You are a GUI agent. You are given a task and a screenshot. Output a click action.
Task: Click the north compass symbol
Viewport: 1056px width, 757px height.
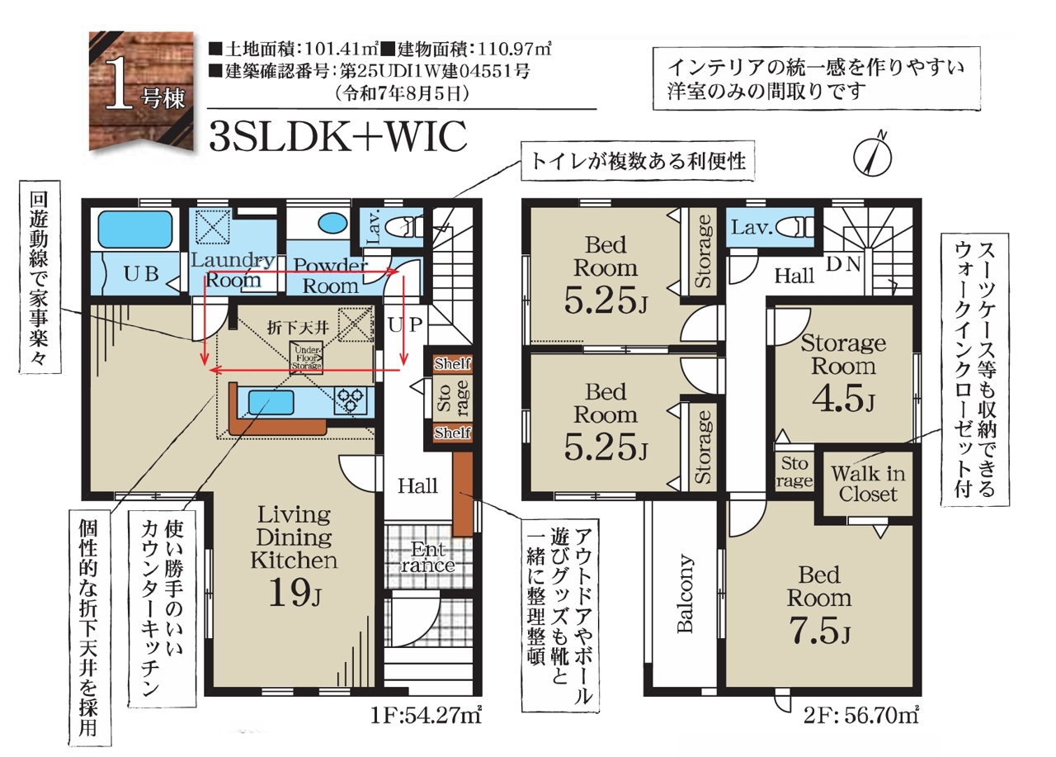(873, 156)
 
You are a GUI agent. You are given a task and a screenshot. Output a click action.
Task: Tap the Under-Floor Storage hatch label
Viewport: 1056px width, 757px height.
(306, 357)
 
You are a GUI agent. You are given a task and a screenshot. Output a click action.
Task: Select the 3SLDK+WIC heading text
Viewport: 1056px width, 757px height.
(338, 136)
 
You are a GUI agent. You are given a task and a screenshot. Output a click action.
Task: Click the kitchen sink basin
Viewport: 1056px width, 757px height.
(271, 403)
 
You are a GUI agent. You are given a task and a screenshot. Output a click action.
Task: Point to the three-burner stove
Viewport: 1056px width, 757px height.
(350, 400)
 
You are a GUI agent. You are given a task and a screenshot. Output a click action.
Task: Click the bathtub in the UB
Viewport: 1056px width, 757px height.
(135, 229)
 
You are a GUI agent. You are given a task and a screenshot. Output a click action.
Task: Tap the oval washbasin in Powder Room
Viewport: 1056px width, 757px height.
(332, 224)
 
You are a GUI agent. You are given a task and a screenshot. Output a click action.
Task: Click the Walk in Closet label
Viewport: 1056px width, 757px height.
(868, 484)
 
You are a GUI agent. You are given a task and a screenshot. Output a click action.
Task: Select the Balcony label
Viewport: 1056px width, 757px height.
(685, 593)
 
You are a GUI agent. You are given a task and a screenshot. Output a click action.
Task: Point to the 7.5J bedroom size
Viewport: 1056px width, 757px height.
(819, 630)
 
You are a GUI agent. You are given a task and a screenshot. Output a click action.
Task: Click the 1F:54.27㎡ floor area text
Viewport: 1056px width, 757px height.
(426, 716)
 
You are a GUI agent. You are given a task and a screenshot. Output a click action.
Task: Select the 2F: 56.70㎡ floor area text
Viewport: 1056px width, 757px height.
(861, 716)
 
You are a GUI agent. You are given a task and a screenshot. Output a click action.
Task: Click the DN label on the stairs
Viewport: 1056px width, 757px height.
(844, 264)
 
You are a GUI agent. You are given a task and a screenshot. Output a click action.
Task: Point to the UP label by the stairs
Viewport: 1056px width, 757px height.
(405, 324)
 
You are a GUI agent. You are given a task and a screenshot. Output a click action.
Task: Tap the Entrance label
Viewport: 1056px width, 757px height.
(428, 556)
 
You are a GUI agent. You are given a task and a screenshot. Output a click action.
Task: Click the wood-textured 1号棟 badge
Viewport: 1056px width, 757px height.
(141, 92)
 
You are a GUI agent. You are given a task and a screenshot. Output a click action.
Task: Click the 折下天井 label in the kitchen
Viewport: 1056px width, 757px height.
(298, 328)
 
